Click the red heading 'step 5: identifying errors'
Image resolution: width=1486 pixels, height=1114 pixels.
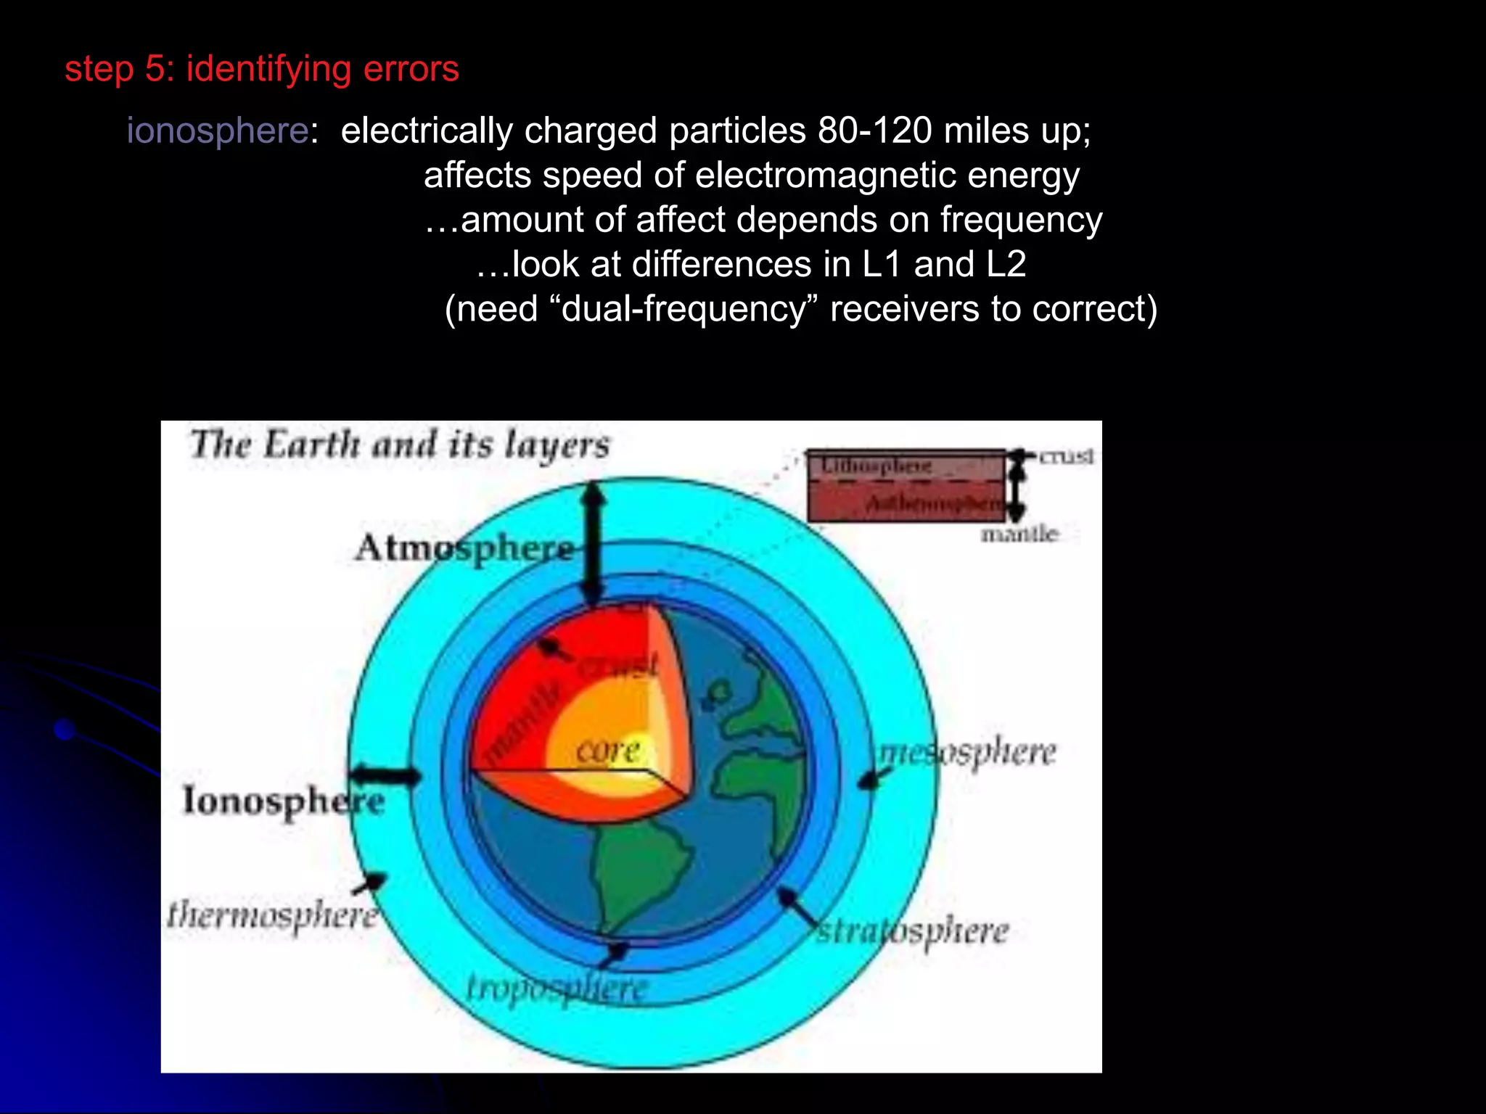click(x=261, y=70)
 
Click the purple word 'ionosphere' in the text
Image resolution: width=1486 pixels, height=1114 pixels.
click(x=218, y=131)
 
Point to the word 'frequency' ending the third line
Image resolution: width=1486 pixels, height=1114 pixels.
click(x=1021, y=220)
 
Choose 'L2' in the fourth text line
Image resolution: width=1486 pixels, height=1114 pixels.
click(x=1005, y=265)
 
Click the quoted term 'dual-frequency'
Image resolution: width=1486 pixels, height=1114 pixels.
click(x=684, y=310)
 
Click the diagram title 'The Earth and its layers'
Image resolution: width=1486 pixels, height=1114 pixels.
click(x=400, y=445)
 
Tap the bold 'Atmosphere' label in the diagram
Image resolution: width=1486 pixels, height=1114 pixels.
click(x=464, y=549)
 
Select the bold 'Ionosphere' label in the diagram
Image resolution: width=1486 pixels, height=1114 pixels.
click(x=283, y=801)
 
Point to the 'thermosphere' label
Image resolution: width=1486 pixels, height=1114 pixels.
click(x=272, y=915)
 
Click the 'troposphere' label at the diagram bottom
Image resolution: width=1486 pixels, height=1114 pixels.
click(x=556, y=989)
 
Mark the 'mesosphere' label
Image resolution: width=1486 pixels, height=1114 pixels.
click(x=967, y=754)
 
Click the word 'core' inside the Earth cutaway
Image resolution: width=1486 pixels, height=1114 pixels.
click(x=608, y=751)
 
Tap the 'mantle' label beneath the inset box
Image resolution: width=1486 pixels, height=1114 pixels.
click(x=1019, y=535)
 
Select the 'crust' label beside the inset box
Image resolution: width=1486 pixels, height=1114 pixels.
click(x=1066, y=456)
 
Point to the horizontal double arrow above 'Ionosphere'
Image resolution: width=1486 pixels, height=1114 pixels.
click(x=385, y=775)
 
